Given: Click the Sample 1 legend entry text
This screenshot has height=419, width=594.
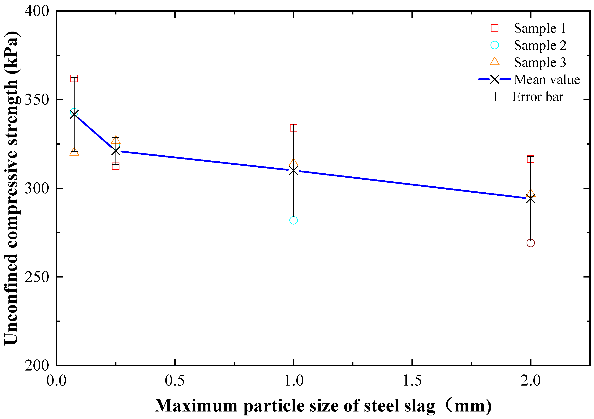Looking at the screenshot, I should click(540, 28).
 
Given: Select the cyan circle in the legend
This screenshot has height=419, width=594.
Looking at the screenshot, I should click(495, 45).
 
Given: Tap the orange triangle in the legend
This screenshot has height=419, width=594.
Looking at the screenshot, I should click(495, 62).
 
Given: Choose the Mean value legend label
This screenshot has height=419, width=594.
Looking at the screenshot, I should click(547, 79).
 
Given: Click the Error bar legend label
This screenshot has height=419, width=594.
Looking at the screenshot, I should click(538, 97).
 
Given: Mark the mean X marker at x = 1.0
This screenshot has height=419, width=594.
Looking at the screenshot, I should click(293, 171).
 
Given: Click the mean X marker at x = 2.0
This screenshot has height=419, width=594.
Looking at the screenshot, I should click(531, 199).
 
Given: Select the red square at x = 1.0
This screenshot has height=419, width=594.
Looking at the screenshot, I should click(293, 128).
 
